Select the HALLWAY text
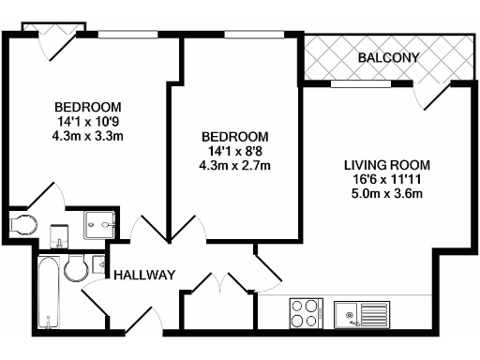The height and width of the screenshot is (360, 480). click(145, 275)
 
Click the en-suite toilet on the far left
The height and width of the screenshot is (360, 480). click(22, 224)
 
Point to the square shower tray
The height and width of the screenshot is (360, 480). click(98, 223)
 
